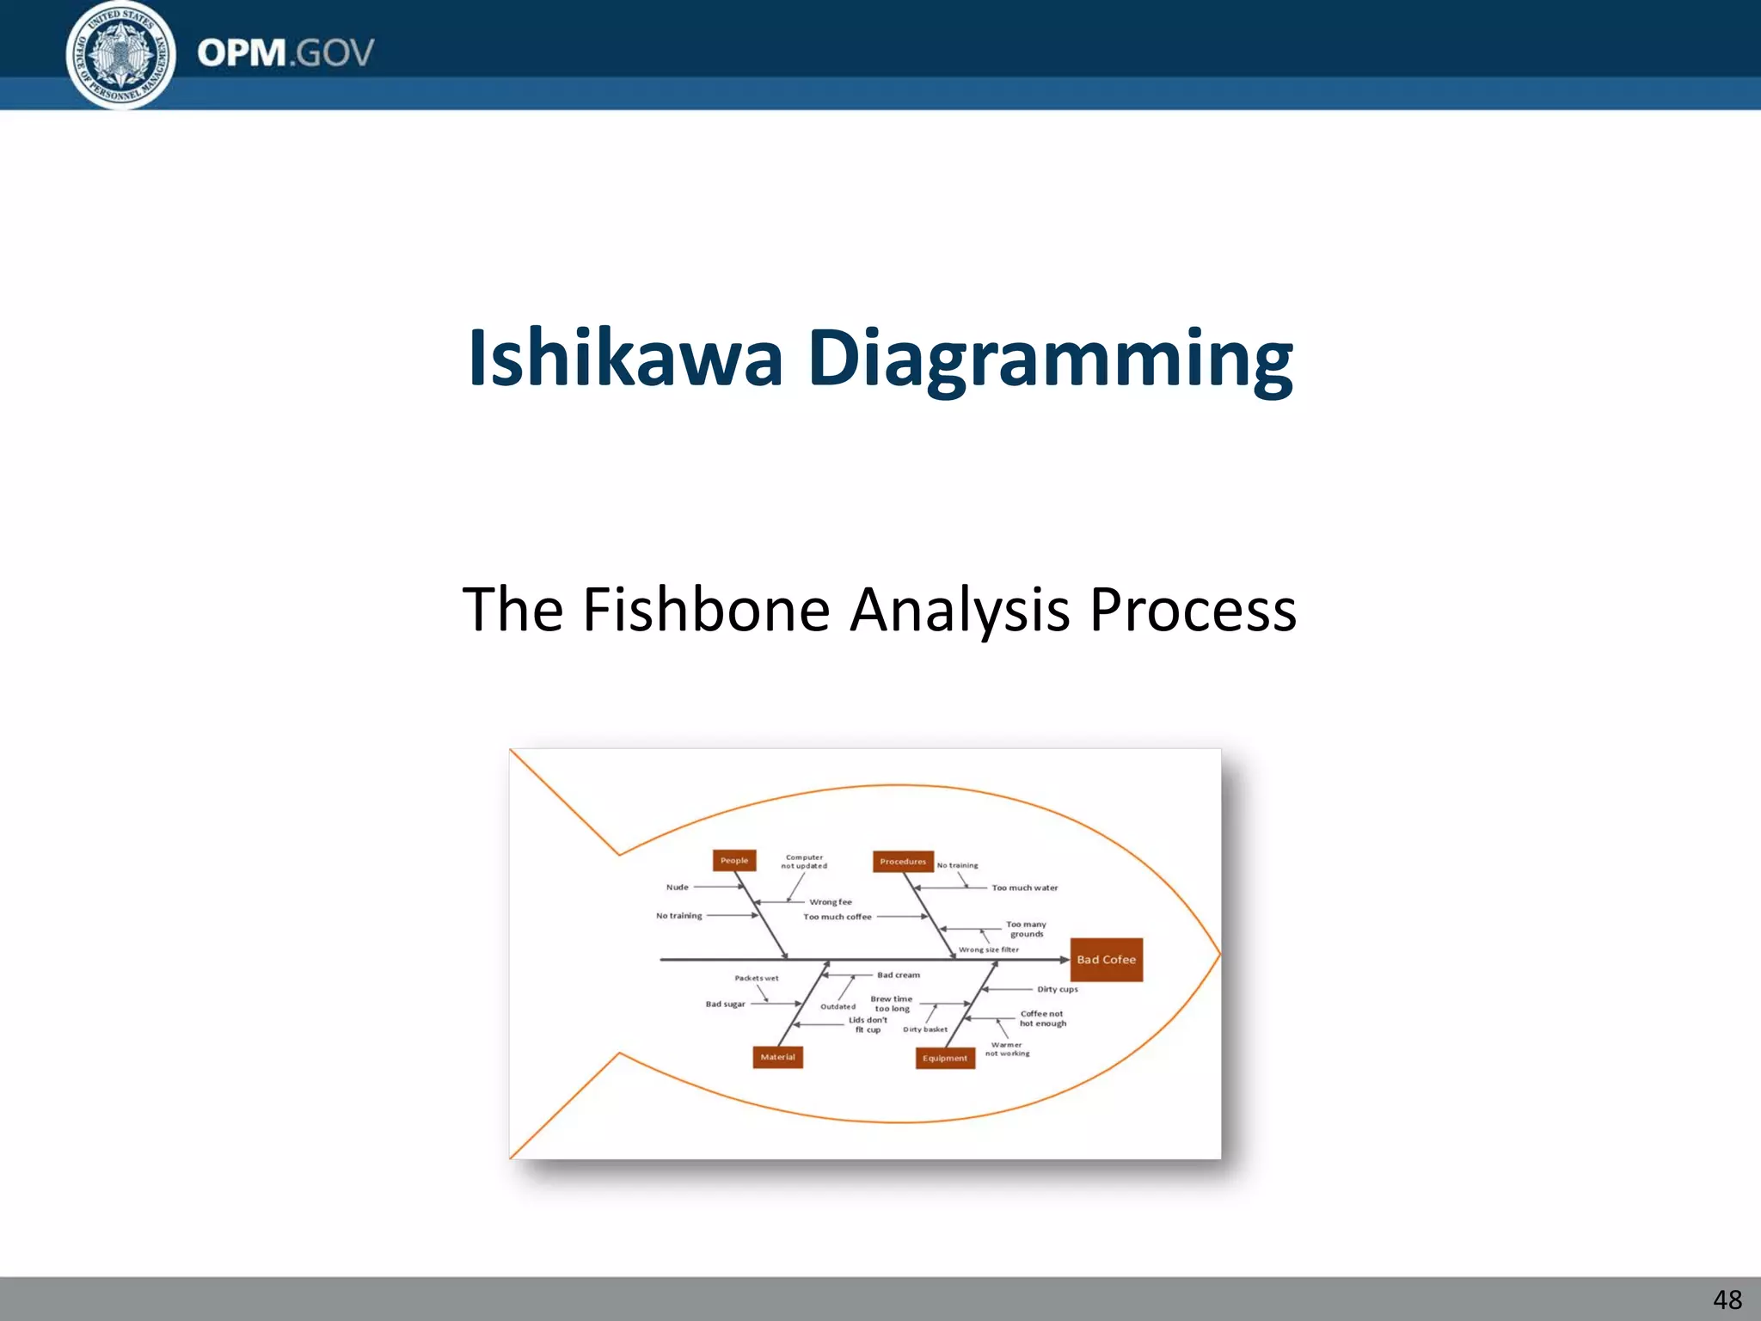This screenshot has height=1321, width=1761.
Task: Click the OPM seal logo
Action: pos(120,54)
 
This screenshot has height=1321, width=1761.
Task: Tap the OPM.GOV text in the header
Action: pos(285,53)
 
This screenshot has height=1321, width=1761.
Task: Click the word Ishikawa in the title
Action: pos(625,358)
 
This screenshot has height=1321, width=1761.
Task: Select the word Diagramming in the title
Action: pos(1050,359)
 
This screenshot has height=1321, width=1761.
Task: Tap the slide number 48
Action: pos(1727,1299)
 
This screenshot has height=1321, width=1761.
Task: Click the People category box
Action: pos(734,860)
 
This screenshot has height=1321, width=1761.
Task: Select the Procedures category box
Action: pos(903,861)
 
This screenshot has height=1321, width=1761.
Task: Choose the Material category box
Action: pos(777,1057)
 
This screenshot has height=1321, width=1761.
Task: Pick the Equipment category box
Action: pos(945,1058)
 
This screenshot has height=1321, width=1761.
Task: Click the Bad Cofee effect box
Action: pos(1106,960)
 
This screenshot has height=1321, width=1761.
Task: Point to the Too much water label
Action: pos(1025,888)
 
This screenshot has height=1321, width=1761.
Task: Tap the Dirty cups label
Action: pos(1057,989)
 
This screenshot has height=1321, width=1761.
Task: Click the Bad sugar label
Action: pos(726,1004)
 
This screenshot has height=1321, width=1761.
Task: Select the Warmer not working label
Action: pos(1007,1049)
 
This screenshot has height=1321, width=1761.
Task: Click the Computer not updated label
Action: pos(804,862)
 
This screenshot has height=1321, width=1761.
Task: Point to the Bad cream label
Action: pos(899,975)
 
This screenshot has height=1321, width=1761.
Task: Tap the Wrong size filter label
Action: pos(989,949)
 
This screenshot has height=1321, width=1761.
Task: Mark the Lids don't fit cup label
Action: pos(868,1024)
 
